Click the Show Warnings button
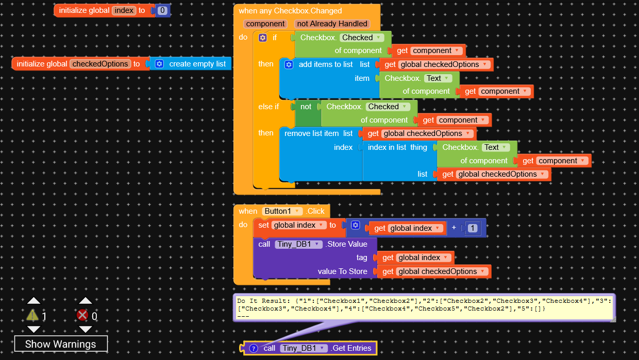point(61,344)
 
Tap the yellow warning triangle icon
point(32,315)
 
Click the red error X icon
point(82,315)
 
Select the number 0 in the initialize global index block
point(162,10)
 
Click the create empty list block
point(190,64)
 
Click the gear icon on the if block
point(262,38)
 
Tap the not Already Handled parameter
point(332,24)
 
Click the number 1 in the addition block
point(473,228)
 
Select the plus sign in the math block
point(454,228)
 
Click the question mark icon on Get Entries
point(254,348)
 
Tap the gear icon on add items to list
point(289,65)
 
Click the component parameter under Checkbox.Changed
point(265,24)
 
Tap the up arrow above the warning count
point(33,300)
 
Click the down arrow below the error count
point(85,330)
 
